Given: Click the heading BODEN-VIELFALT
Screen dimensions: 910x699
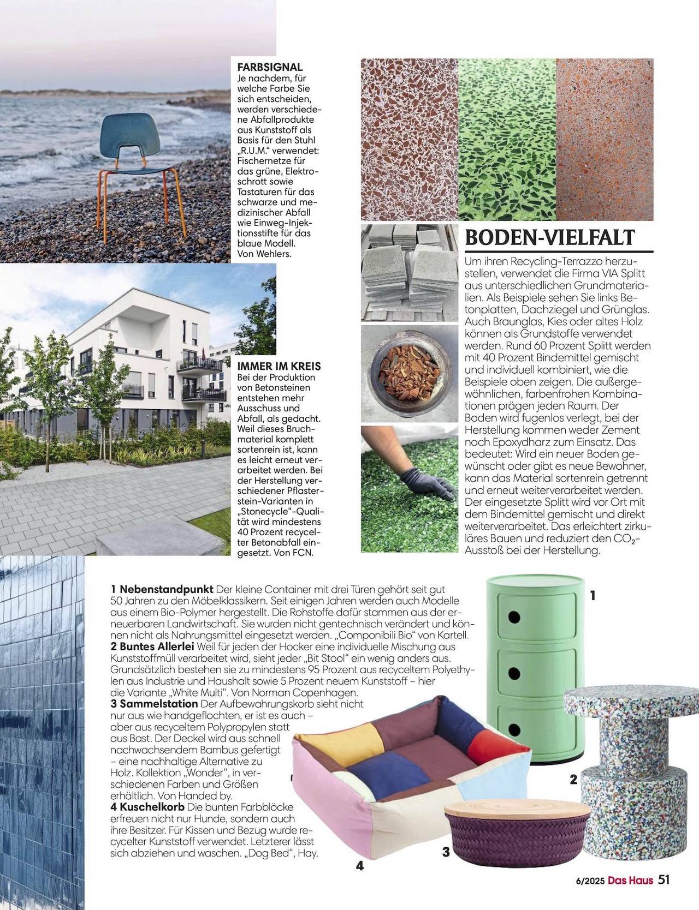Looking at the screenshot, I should coord(549,238).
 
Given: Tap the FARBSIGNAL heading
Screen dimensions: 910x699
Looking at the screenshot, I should coord(270,67).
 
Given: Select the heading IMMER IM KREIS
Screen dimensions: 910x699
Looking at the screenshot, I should coord(279,366).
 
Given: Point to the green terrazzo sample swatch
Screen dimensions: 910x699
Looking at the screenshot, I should coord(507,139).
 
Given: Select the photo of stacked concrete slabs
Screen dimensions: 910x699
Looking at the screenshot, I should coord(409,273).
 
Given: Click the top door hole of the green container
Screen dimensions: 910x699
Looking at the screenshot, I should coord(514,617).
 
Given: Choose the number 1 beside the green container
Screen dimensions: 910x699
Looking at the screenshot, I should coord(593,596).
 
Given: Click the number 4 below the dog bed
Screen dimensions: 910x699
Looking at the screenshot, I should coord(360,865).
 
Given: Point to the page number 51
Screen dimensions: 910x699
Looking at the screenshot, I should coord(664,879).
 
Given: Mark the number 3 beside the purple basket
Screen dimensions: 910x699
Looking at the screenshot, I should coord(446,852).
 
